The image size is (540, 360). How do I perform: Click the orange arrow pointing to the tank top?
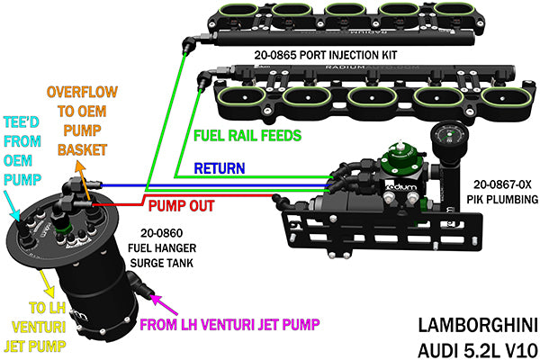[x=80, y=179]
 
